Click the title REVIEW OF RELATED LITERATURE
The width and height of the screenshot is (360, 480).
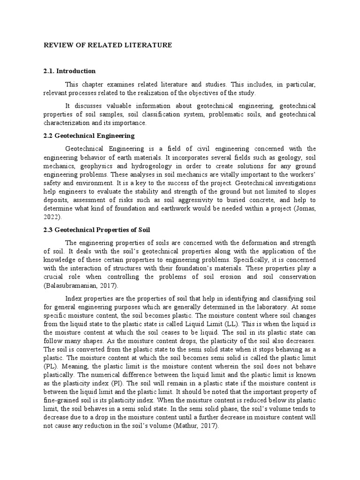(108, 45)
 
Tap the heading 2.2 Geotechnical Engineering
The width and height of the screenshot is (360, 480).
(89, 136)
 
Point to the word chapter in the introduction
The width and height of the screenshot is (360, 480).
(92, 84)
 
